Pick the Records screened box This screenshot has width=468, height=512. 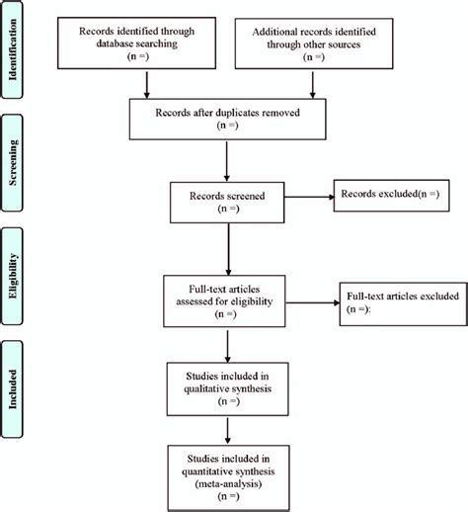coord(228,198)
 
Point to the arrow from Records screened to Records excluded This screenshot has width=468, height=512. coord(307,196)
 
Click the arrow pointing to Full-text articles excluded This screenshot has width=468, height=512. coord(310,299)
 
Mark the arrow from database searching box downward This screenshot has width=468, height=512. coord(145,86)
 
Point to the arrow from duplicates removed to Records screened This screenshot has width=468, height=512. coord(228,159)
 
